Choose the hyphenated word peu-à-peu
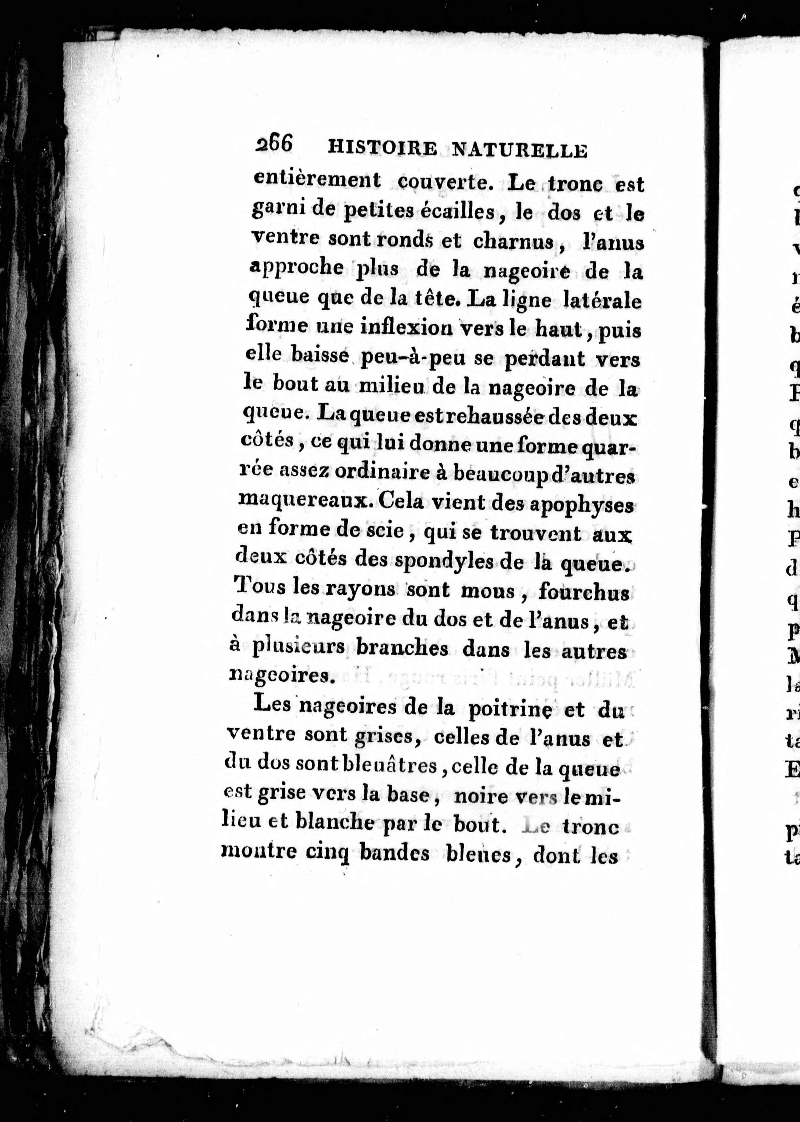point(413,358)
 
